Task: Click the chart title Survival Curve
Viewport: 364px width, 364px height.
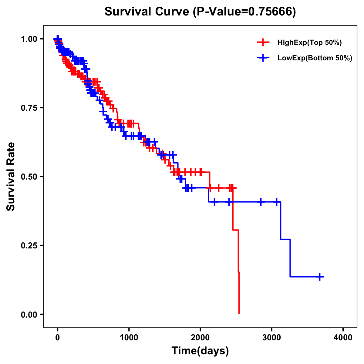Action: [147, 12]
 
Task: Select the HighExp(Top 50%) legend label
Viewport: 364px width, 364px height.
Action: [309, 43]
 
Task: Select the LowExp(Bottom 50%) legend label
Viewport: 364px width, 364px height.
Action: [315, 58]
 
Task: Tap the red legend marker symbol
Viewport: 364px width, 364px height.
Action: [263, 42]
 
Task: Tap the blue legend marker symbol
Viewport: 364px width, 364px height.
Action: [263, 58]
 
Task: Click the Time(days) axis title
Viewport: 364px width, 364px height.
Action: [200, 351]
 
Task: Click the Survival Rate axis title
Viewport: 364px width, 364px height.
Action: [11, 177]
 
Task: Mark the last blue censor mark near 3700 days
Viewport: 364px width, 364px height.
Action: [320, 277]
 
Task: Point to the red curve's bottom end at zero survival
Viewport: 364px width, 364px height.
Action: [239, 313]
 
